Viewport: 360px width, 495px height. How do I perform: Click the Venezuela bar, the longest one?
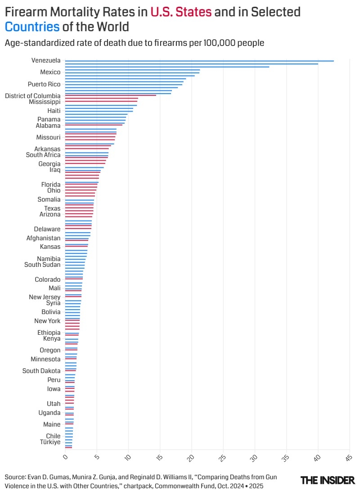click(x=199, y=61)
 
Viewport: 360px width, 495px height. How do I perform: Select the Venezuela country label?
click(x=46, y=60)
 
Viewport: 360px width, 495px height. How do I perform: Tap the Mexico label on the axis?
click(x=50, y=72)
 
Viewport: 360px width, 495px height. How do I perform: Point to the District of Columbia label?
click(x=32, y=96)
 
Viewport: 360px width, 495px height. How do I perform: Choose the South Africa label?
click(x=43, y=155)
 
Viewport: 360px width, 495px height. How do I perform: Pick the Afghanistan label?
click(x=43, y=238)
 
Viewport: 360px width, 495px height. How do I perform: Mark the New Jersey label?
click(x=45, y=297)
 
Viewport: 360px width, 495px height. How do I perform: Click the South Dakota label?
click(x=41, y=371)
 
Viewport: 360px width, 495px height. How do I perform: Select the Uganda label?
click(x=49, y=413)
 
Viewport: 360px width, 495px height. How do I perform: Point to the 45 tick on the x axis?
click(x=348, y=458)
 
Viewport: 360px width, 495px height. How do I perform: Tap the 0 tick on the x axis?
click(x=66, y=457)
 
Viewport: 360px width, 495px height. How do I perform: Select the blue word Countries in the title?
click(x=32, y=27)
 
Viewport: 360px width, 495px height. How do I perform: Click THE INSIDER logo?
click(x=328, y=480)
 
